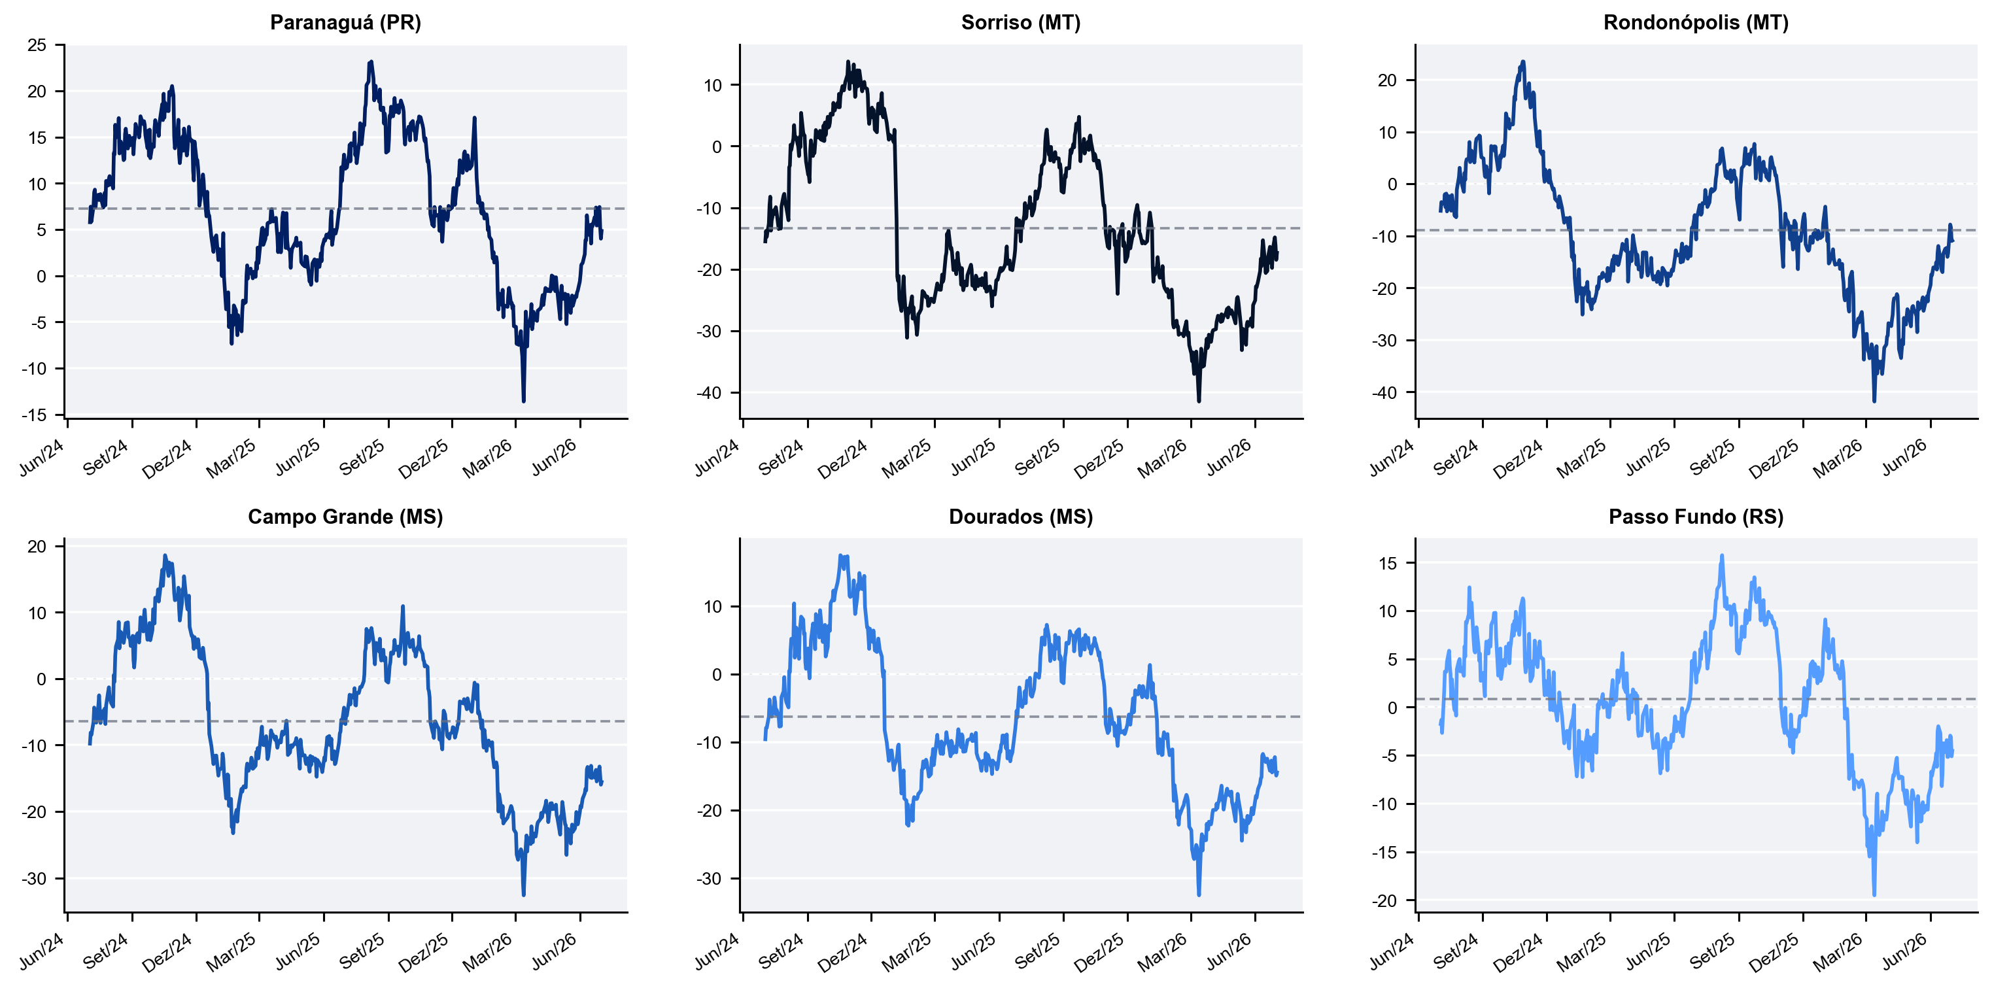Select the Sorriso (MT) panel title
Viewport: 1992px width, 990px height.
coord(1021,22)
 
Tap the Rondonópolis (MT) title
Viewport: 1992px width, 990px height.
coord(1696,22)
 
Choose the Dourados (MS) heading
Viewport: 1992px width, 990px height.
coord(1021,517)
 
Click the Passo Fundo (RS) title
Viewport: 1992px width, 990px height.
coord(1696,517)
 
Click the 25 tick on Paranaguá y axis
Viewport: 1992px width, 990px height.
coord(37,45)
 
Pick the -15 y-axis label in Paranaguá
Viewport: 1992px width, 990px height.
coord(34,415)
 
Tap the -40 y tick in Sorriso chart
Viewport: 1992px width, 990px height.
coord(709,393)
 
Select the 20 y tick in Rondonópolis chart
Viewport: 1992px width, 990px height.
coord(1387,80)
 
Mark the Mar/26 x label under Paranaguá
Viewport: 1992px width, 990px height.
coord(487,458)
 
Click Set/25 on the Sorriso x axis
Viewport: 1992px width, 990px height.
coord(1037,457)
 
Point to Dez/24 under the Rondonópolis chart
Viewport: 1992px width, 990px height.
coord(1517,458)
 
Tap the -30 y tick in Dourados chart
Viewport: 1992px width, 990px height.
coord(709,879)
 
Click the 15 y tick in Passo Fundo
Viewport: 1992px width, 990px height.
coord(1387,563)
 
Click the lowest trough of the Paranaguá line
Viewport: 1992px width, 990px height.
coord(524,401)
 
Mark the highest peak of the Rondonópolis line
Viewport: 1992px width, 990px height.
coord(1523,62)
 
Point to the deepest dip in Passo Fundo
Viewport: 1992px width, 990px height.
coord(1874,895)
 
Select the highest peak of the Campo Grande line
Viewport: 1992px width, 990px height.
coord(165,555)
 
